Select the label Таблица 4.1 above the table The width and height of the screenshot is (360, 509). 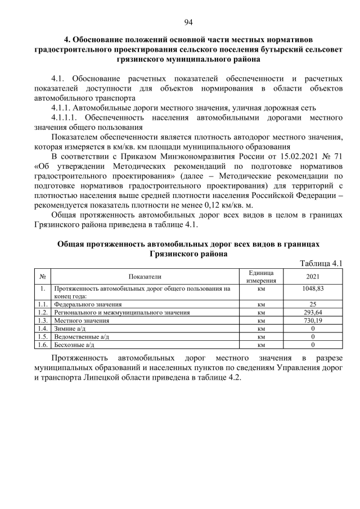click(x=321, y=264)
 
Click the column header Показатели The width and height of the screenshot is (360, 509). click(x=145, y=276)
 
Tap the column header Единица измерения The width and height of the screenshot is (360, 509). click(x=261, y=276)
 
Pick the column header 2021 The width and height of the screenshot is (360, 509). click(x=313, y=276)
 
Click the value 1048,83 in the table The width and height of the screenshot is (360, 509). click(x=313, y=288)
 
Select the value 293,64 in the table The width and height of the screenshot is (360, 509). click(x=313, y=312)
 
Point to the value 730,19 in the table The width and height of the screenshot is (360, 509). click(x=313, y=320)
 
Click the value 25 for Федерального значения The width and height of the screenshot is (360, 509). click(x=313, y=304)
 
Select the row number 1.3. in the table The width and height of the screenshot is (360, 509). click(x=41, y=320)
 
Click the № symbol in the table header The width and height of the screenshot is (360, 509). click(x=42, y=276)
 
